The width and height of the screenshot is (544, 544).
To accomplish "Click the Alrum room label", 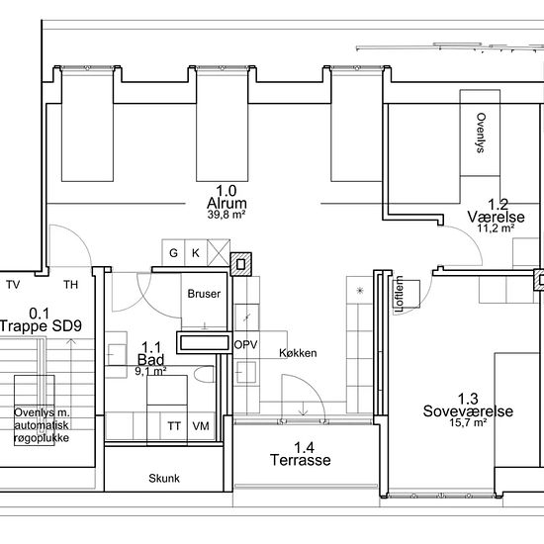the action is click(227, 204).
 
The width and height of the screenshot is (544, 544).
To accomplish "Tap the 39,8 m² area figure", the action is click(227, 215).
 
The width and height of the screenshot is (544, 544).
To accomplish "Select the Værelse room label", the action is click(497, 217).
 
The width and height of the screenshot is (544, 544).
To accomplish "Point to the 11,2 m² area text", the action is click(496, 228).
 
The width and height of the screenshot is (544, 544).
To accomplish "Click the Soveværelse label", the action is click(468, 411).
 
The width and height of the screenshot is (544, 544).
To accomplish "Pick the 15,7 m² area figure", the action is click(468, 423).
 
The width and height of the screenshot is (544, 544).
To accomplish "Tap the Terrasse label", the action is click(301, 460).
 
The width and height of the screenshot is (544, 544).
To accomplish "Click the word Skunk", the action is click(164, 479).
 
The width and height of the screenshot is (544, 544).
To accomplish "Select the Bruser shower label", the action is click(204, 294).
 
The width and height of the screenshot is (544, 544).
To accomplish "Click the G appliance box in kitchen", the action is click(173, 252).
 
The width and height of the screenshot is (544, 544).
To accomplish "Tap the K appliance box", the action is click(196, 252).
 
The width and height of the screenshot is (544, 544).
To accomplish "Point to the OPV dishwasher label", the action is click(245, 345).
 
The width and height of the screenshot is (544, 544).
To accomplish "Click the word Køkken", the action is click(298, 353).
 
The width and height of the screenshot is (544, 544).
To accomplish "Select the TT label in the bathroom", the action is click(174, 426).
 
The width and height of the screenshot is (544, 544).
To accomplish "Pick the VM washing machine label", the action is click(201, 426).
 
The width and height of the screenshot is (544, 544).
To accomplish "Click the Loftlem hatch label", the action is click(400, 294).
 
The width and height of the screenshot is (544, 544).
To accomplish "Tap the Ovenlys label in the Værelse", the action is click(481, 133).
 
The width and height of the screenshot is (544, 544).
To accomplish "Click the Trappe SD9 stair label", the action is click(41, 326).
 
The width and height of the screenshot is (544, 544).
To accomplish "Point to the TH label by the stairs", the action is click(71, 285).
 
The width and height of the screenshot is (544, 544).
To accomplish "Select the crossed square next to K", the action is click(219, 252).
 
